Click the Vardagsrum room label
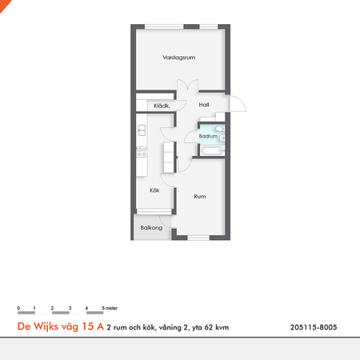click(178, 58)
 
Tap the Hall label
click(204, 105)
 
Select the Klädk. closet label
click(162, 106)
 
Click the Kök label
click(155, 190)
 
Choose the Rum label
click(200, 195)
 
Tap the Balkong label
click(151, 228)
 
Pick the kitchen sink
click(141, 129)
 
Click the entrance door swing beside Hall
click(238, 104)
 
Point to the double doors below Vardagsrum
click(186, 87)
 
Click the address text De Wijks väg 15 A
click(60, 326)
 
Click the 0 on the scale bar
click(18, 307)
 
